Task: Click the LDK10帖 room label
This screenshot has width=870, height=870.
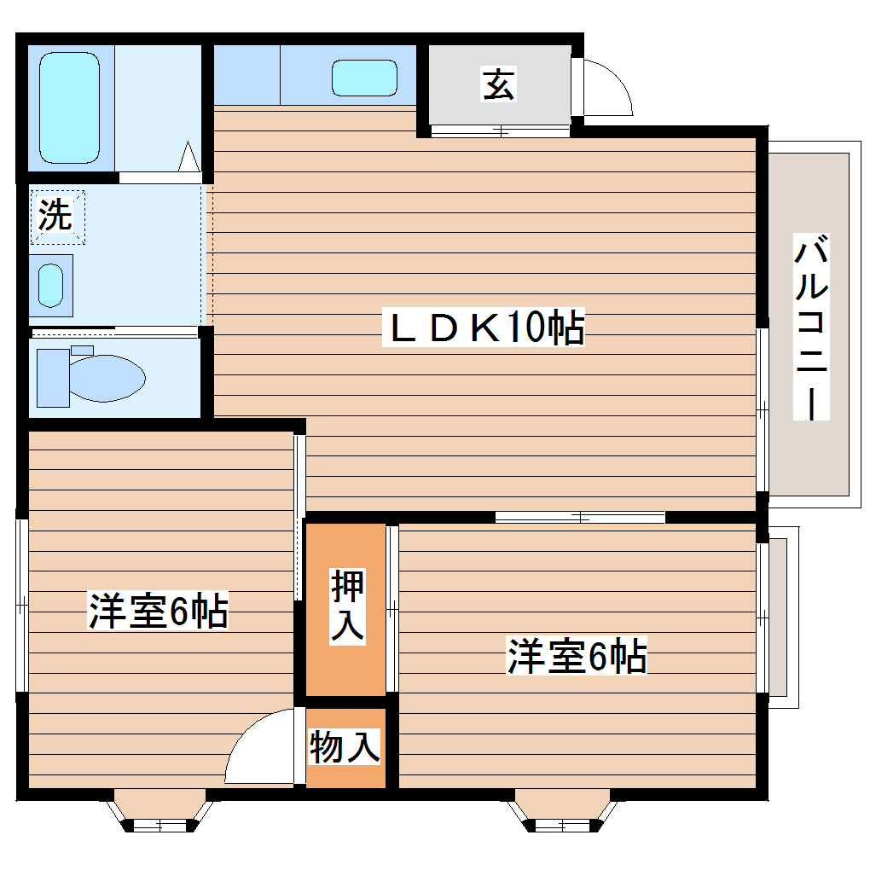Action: (486, 328)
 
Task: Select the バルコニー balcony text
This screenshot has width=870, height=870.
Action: (811, 328)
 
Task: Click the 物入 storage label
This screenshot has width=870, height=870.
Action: (344, 748)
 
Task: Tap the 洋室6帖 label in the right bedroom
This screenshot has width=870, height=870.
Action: (577, 657)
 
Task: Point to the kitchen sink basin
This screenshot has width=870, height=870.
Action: (364, 78)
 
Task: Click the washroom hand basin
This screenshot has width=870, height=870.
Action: (51, 284)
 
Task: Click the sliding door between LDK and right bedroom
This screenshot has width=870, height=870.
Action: (580, 516)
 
